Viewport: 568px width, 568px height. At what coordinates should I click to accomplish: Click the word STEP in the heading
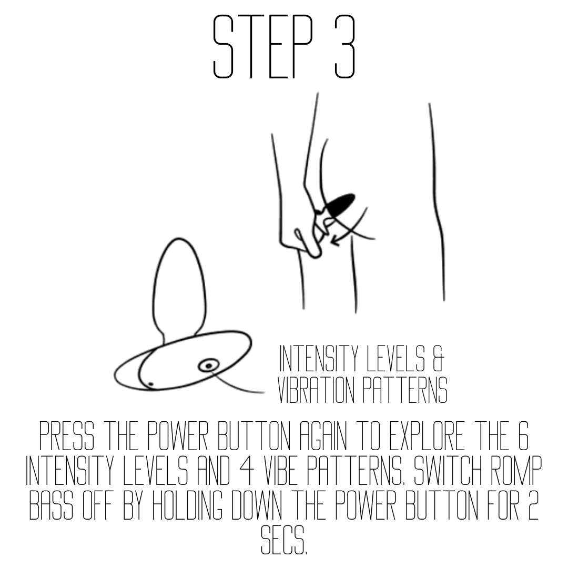(262, 46)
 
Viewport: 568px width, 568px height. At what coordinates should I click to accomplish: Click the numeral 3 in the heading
(344, 46)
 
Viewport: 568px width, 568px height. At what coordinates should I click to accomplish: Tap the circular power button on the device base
(209, 366)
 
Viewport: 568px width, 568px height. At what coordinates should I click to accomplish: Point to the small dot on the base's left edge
(151, 383)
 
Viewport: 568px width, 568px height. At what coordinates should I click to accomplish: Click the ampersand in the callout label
(438, 359)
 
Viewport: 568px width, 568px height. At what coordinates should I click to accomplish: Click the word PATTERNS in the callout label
(405, 390)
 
